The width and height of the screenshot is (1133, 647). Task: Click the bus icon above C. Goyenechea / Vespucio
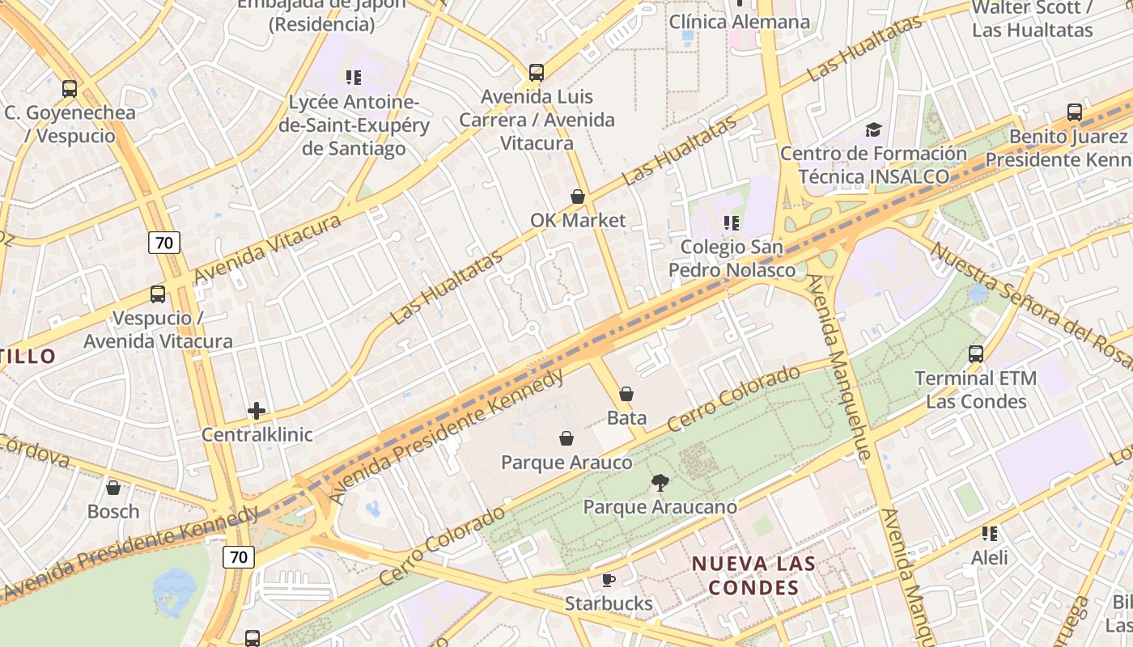coord(70,89)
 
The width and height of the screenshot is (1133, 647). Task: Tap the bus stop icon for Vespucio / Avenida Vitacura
coord(158,294)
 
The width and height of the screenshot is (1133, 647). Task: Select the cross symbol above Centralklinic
coord(257,411)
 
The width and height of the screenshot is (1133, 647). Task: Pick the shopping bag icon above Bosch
coord(113,488)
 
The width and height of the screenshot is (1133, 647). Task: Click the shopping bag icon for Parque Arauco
coord(566,438)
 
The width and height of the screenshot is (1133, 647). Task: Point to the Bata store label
coord(626,417)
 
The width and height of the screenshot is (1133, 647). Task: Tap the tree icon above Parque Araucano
coord(660,483)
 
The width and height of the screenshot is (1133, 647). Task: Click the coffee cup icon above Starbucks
coord(609,580)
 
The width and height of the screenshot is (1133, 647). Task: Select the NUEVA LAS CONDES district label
coord(753,575)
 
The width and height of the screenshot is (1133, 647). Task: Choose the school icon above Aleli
coord(989,534)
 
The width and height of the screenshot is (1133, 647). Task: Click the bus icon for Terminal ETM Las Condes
coord(976,354)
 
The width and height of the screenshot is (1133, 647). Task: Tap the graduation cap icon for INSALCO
coord(873,129)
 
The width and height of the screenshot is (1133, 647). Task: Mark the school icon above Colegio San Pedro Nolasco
coord(732,222)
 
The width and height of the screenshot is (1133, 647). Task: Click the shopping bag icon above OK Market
coord(578,197)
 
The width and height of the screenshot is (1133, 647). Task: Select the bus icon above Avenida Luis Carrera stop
coord(537,73)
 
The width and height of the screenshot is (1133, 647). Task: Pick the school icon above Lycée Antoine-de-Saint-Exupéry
coord(354,78)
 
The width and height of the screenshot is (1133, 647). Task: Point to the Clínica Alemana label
coord(739,22)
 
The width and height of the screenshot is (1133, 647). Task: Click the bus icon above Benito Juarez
coord(1075,112)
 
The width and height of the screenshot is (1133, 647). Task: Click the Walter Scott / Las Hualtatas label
coord(1032,19)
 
